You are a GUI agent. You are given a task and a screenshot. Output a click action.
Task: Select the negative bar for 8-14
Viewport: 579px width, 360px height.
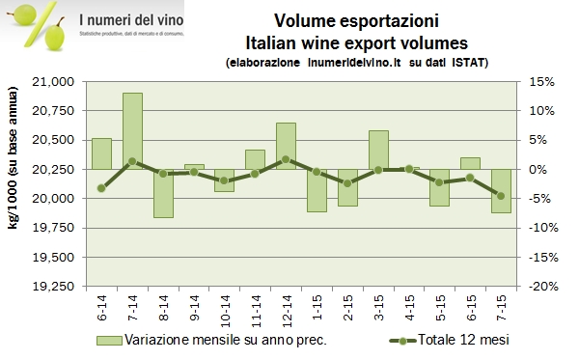click(x=163, y=193)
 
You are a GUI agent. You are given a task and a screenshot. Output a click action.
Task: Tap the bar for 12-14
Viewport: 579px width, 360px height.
click(x=286, y=146)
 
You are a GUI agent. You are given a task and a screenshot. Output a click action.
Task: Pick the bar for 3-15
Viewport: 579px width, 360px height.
click(x=378, y=150)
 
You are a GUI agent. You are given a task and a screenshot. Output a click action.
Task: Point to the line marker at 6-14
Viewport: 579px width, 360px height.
click(x=101, y=188)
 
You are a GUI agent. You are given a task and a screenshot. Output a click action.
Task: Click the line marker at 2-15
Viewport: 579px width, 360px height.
click(x=347, y=183)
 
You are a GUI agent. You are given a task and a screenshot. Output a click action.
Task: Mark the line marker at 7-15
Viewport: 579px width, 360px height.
click(x=501, y=196)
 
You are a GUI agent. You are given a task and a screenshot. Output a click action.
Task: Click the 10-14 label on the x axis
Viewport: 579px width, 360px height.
click(x=225, y=310)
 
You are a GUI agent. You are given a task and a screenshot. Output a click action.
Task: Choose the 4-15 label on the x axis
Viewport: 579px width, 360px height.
click(x=409, y=310)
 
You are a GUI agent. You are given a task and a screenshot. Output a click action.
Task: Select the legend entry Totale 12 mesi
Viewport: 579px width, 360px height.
click(x=454, y=340)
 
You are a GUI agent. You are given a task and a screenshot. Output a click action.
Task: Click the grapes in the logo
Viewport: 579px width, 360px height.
click(x=54, y=33)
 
